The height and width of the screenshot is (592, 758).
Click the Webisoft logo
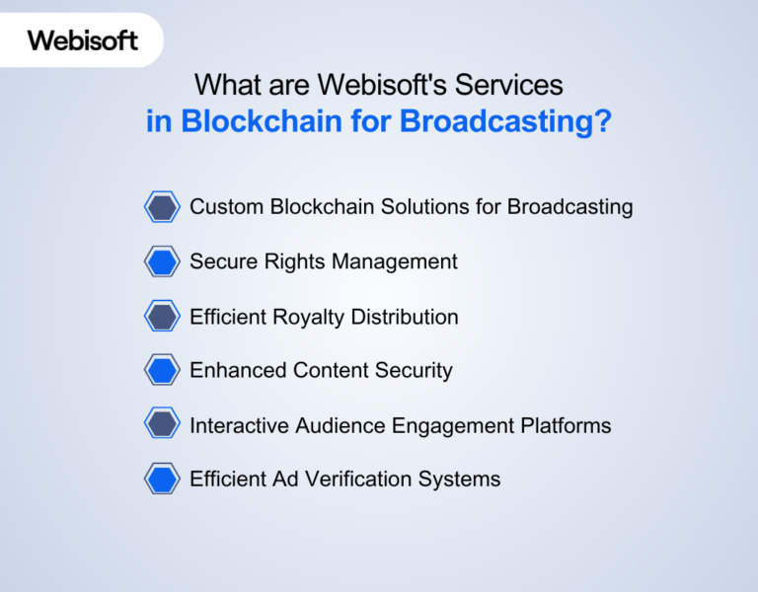[83, 40]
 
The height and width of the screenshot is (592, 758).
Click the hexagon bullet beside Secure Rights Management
[162, 262]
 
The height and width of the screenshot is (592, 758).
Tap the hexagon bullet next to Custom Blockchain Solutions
[162, 207]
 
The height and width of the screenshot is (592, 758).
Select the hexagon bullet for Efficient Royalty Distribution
[162, 317]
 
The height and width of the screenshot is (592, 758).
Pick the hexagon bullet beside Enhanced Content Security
[162, 371]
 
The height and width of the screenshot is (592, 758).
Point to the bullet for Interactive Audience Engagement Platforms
[162, 425]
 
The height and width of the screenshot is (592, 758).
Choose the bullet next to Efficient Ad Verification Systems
[162, 480]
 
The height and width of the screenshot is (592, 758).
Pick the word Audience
[343, 425]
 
